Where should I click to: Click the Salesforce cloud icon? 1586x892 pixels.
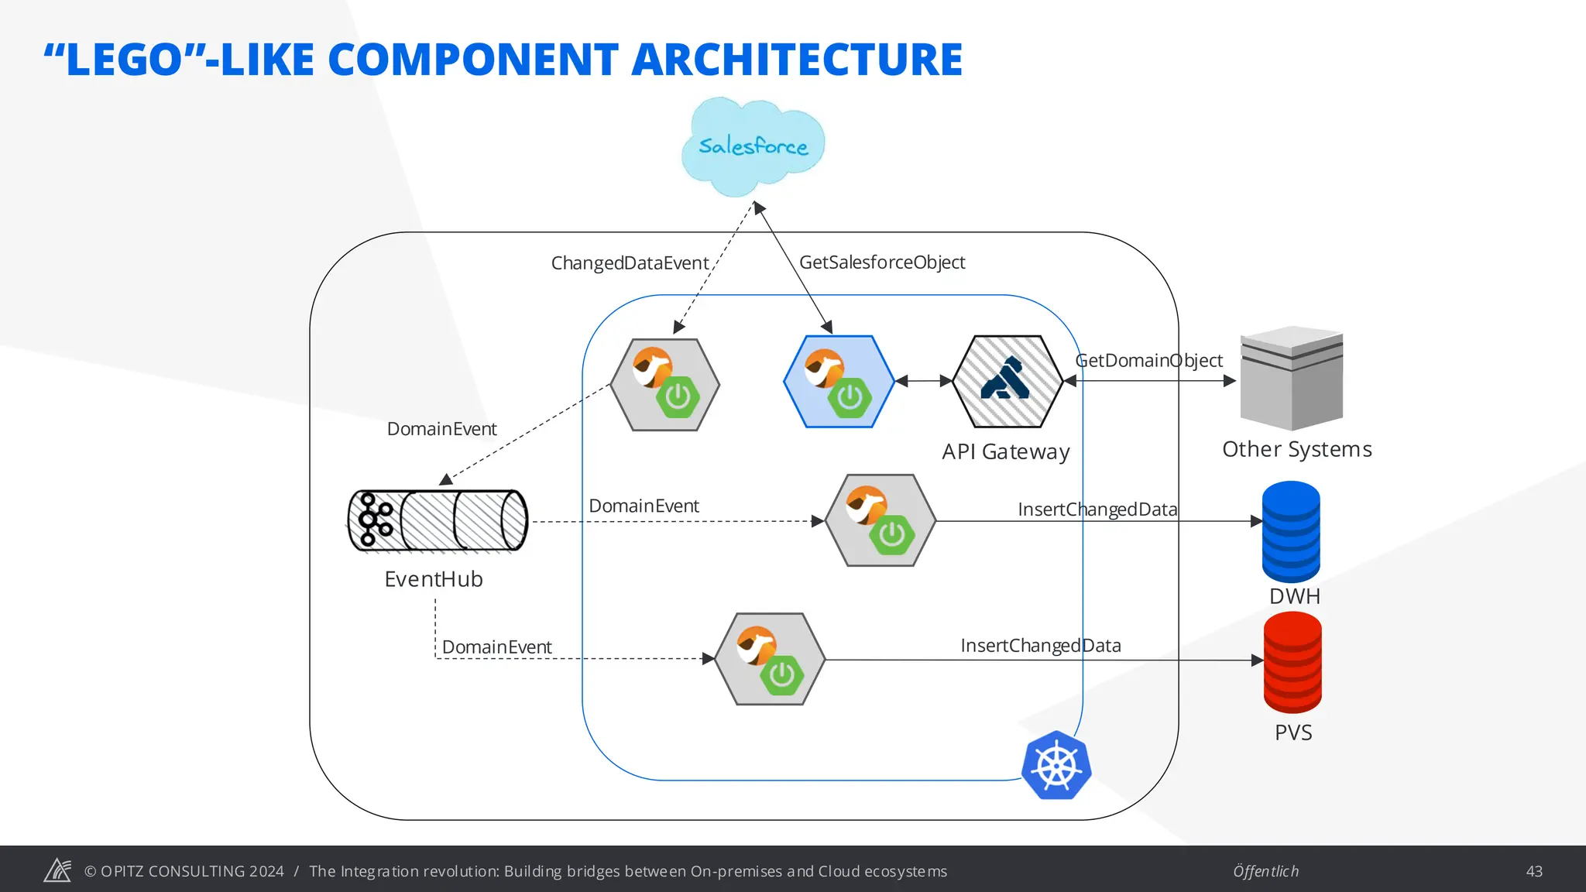point(753,146)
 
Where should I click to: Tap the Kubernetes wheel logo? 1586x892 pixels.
point(1056,766)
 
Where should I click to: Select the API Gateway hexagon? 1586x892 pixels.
point(1007,381)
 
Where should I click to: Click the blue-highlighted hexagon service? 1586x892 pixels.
point(839,382)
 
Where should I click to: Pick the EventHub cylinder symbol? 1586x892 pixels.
point(438,521)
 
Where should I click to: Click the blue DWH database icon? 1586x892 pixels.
point(1291,532)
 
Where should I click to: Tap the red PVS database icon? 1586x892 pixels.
point(1292,663)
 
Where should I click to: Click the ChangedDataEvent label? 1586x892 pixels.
point(630,263)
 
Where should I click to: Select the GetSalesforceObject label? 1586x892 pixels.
point(882,262)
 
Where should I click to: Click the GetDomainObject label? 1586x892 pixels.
point(1149,361)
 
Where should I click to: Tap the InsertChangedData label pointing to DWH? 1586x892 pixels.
point(1097,509)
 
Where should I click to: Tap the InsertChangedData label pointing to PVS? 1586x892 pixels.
point(1041,646)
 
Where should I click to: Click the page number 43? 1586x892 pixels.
point(1533,871)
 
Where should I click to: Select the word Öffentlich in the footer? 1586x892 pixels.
point(1265,871)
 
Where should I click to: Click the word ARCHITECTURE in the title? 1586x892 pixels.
point(797,60)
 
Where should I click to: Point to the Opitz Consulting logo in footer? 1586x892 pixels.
point(57,870)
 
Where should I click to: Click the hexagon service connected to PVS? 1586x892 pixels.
point(770,660)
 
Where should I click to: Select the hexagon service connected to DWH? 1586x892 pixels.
point(881,520)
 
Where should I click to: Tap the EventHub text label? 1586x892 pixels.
point(434,579)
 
